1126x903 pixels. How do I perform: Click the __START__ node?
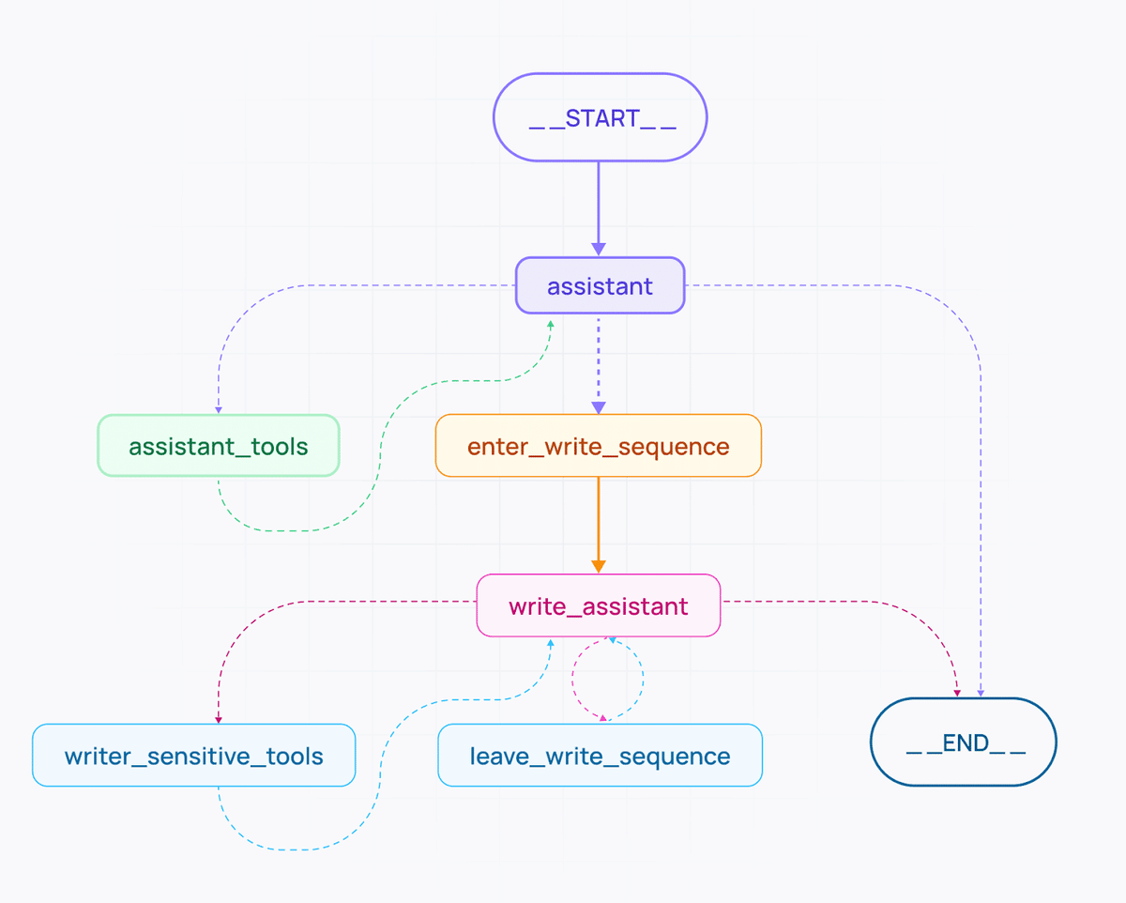(600, 117)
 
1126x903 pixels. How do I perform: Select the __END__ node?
(964, 742)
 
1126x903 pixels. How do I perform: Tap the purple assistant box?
(600, 285)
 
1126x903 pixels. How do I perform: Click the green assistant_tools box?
(218, 445)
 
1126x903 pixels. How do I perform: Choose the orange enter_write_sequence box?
(598, 445)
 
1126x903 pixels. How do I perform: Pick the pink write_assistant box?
(598, 605)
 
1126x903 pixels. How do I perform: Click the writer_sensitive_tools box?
(193, 755)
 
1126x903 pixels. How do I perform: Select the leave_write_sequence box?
(600, 755)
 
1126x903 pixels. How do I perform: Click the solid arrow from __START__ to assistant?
(598, 207)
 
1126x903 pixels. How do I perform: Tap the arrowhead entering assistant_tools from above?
(218, 409)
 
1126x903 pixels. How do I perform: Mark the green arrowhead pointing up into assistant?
(551, 323)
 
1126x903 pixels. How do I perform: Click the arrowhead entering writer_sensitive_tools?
(218, 719)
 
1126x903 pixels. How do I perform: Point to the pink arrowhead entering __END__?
(958, 693)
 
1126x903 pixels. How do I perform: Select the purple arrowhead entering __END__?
(981, 693)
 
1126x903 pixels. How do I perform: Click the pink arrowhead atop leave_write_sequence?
(603, 718)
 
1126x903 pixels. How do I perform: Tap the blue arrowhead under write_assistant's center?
(612, 641)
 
